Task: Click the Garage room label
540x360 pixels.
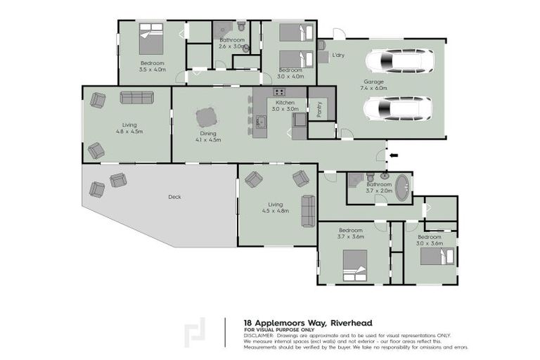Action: tap(373, 82)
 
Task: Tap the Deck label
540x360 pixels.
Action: tap(174, 197)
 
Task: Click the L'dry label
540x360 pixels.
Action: tap(339, 55)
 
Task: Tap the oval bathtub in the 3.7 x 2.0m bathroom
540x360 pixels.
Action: tap(402, 188)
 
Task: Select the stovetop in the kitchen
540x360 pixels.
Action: tap(279, 92)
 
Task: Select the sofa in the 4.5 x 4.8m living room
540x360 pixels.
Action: tap(308, 210)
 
